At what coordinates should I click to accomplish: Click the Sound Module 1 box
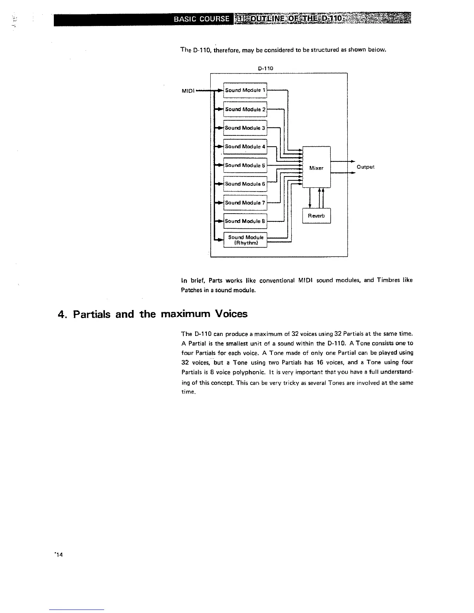[245, 90]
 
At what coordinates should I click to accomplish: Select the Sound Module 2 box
[245, 109]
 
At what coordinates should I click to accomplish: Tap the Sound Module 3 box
[245, 128]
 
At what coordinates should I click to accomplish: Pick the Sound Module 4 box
[245, 146]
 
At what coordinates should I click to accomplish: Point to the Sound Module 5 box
[245, 165]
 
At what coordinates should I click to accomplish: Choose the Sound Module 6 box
[245, 184]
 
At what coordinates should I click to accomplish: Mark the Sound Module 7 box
[245, 202]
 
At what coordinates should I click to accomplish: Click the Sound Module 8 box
[245, 221]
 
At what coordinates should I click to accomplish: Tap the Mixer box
[316, 168]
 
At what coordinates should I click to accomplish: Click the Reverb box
[316, 216]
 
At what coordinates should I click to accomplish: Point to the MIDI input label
[188, 91]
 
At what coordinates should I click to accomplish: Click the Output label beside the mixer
[365, 167]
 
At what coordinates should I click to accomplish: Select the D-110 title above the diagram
[266, 68]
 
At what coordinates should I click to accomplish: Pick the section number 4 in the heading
[60, 314]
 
